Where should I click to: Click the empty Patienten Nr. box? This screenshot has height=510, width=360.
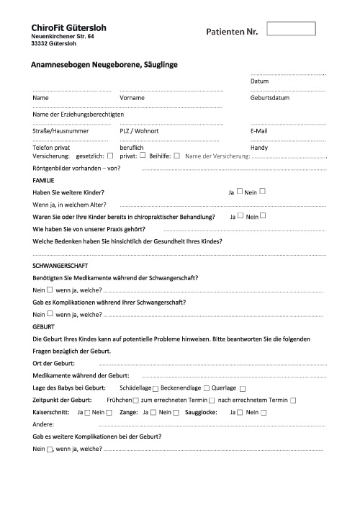pyautogui.click(x=291, y=29)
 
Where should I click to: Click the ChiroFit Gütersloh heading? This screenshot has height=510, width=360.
pyautogui.click(x=64, y=27)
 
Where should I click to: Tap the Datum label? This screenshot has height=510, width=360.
pyautogui.click(x=259, y=81)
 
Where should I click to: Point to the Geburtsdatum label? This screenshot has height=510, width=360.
pyautogui.click(x=270, y=97)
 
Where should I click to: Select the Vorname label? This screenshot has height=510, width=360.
pyautogui.click(x=132, y=97)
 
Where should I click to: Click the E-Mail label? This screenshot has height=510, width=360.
pyautogui.click(x=259, y=131)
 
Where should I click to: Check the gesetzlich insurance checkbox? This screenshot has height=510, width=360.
pyautogui.click(x=110, y=155)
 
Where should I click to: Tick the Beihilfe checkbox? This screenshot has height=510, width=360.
pyautogui.click(x=176, y=155)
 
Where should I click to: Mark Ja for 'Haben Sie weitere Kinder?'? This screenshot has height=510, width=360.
pyautogui.click(x=240, y=192)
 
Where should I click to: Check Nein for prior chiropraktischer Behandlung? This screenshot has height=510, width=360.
pyautogui.click(x=263, y=215)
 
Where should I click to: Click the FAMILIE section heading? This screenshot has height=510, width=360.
pyautogui.click(x=44, y=179)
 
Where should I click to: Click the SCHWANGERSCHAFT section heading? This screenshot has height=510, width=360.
pyautogui.click(x=60, y=266)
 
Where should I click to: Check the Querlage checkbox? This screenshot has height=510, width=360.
pyautogui.click(x=243, y=388)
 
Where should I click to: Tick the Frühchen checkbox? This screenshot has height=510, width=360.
pyautogui.click(x=135, y=400)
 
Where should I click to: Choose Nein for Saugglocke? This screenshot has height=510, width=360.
pyautogui.click(x=263, y=412)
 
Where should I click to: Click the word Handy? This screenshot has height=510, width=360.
pyautogui.click(x=259, y=147)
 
